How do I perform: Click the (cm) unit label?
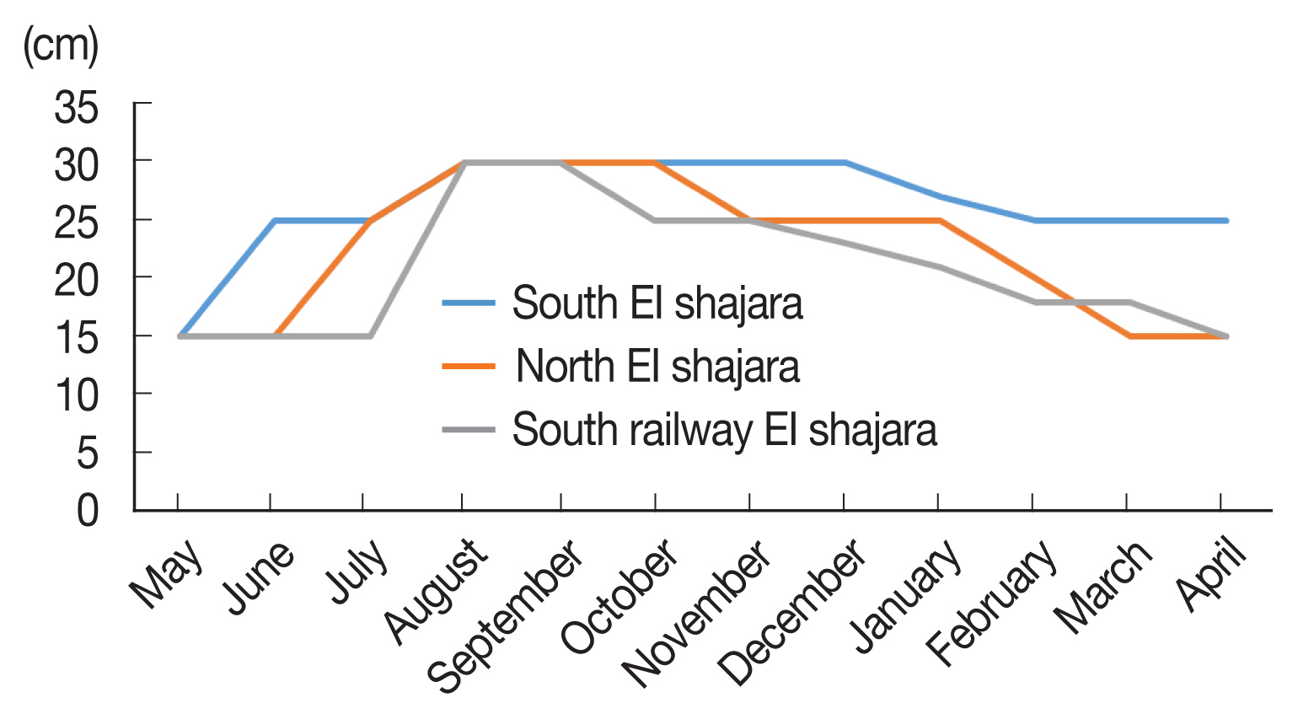pos(61,46)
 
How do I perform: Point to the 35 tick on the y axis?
pos(76,108)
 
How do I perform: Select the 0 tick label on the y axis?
pos(88,511)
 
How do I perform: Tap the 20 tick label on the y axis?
pos(76,281)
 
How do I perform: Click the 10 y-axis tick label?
pos(76,395)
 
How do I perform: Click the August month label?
pos(437,591)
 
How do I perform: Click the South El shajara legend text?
pos(657,303)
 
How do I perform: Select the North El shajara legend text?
pos(657,367)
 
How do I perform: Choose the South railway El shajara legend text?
pos(725,430)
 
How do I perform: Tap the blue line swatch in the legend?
pos(469,303)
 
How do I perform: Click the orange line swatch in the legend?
pos(469,366)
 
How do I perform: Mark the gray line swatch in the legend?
pos(469,429)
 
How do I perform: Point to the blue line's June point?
pos(274,221)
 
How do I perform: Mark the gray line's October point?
pos(655,221)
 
